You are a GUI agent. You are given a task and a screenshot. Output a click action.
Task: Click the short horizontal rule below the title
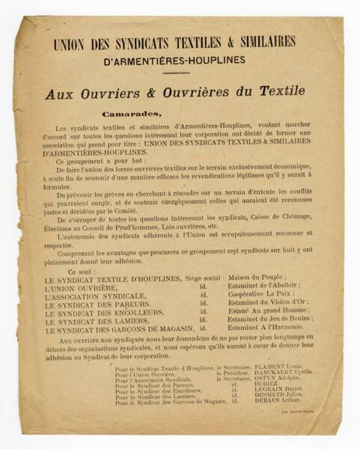pyautogui.click(x=176, y=73)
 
